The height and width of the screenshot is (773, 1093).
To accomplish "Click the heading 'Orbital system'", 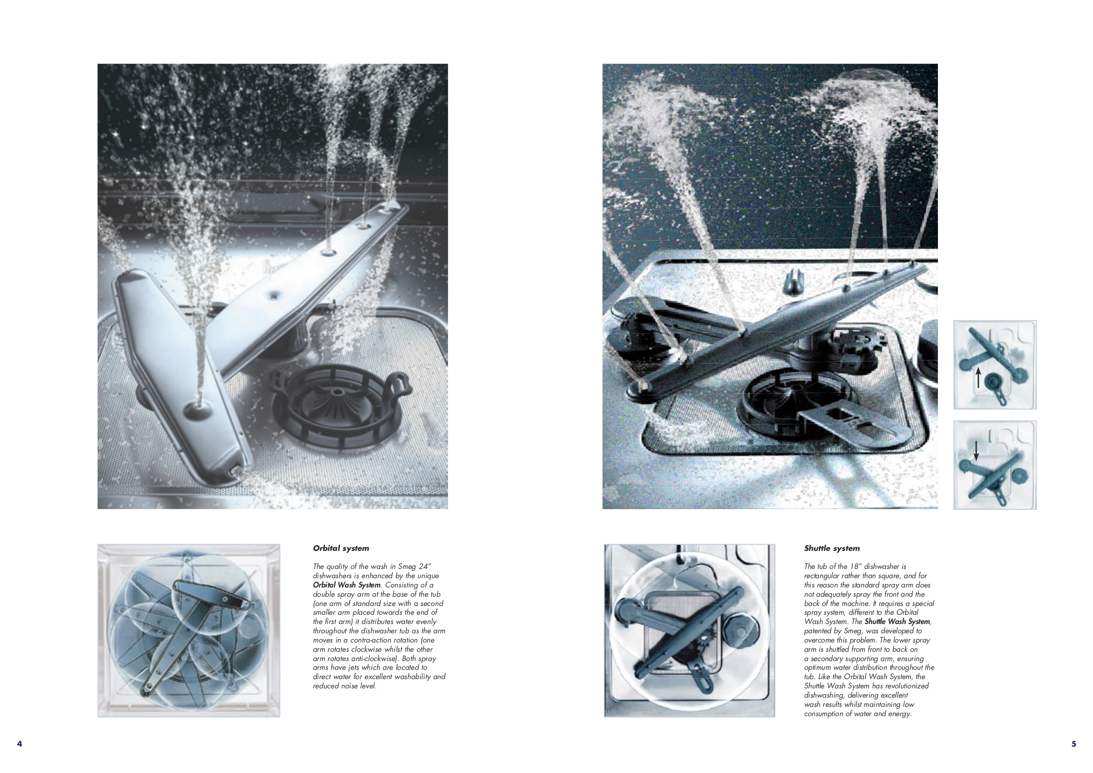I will pos(341,548).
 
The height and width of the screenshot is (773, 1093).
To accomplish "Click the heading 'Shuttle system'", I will pos(832,548).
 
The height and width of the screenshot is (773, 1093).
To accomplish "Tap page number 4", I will pos(19,744).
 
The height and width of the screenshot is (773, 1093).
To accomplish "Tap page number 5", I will pos(1074,744).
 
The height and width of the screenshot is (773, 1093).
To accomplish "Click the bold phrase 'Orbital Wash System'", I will pos(347,585).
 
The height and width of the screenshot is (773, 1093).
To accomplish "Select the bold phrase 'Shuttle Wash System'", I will pos(897,621).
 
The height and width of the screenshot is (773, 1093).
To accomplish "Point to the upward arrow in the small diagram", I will pos(978,378).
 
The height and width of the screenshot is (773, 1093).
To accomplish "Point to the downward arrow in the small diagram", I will pos(976,450).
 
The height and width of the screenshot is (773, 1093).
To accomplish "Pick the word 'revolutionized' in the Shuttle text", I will pos(907,686).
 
